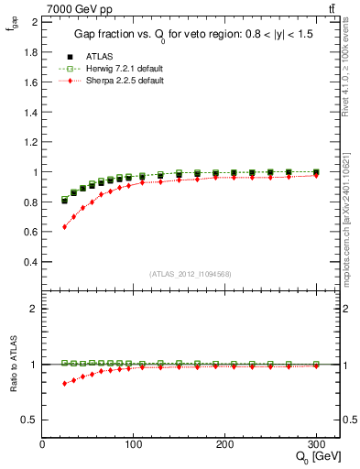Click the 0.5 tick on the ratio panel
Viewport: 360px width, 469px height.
(x=29, y=420)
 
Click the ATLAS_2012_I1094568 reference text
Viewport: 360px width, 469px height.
(x=191, y=273)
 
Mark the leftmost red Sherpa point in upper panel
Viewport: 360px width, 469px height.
(x=64, y=226)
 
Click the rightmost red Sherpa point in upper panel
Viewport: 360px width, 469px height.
(x=316, y=175)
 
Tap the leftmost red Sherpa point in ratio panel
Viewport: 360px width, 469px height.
(x=64, y=383)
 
